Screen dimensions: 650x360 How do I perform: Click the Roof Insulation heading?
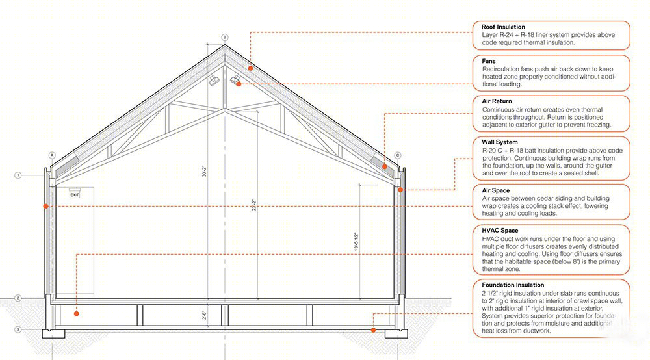coord(503,27)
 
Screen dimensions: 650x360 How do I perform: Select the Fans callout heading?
coord(489,61)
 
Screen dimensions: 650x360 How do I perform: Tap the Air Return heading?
coord(497,101)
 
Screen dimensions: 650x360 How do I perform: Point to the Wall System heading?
coord(499,142)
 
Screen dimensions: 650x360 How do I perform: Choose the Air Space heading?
coord(495,190)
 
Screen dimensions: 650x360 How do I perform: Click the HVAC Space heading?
coord(500,230)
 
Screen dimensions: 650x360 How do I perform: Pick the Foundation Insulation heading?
coord(513,285)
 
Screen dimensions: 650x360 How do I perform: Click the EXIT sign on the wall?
coord(75,195)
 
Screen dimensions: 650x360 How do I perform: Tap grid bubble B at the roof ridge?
coord(225,37)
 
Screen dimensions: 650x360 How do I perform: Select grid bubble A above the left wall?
coord(52,155)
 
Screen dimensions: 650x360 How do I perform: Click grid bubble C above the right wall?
coord(398,155)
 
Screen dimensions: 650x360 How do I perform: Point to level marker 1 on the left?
coord(18,175)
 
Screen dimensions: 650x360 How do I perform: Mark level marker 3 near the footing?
coord(18,329)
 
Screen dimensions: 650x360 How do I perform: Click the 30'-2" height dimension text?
coord(204,172)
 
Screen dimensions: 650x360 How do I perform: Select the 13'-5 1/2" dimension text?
coord(356,242)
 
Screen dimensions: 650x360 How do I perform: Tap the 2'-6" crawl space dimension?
coord(204,315)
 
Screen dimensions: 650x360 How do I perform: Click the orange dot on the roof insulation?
coord(251,68)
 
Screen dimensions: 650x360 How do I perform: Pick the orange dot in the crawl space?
coord(76,314)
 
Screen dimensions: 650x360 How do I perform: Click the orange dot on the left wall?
coord(45,206)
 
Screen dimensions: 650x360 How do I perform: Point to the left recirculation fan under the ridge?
coord(214,81)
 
